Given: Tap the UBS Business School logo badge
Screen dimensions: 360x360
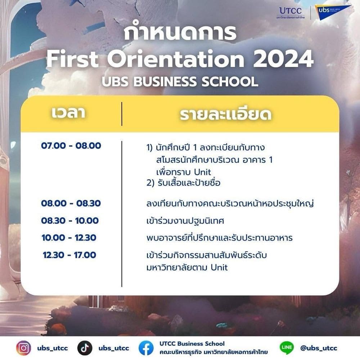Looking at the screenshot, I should click(333, 12).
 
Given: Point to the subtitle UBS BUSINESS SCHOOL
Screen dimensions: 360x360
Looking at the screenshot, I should click(180, 81).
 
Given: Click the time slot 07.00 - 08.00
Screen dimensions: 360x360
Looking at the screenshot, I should click(71, 146).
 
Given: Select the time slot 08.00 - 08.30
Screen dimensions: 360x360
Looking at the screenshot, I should click(71, 203).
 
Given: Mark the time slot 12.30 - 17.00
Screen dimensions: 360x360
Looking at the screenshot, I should click(69, 255).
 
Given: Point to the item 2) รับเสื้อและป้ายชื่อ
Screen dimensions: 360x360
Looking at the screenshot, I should click(184, 183).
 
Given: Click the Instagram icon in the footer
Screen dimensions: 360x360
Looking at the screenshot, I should click(23, 348).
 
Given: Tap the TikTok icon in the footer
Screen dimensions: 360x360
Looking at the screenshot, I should click(85, 348).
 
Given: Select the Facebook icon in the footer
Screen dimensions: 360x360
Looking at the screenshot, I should click(146, 348).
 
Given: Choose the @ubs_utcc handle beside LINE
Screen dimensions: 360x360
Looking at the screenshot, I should click(319, 348).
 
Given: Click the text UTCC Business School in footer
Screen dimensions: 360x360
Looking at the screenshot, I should click(192, 344).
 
